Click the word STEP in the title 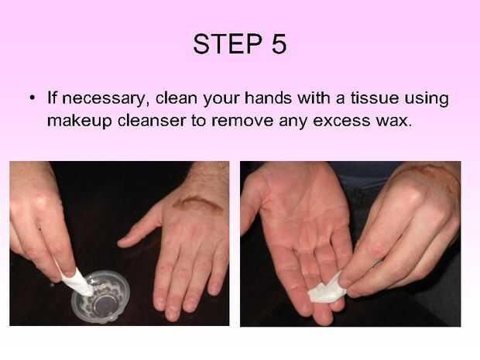[x=228, y=44]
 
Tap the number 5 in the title [x=279, y=44]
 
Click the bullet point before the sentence [x=32, y=98]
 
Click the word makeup [x=79, y=121]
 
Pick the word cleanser [x=152, y=120]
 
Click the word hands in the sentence [x=268, y=98]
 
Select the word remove [x=242, y=121]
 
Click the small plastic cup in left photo [x=101, y=297]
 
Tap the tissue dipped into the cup [x=77, y=283]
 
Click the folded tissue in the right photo [x=327, y=290]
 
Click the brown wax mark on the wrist [x=197, y=203]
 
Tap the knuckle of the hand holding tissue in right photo [x=412, y=196]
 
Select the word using [x=427, y=98]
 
